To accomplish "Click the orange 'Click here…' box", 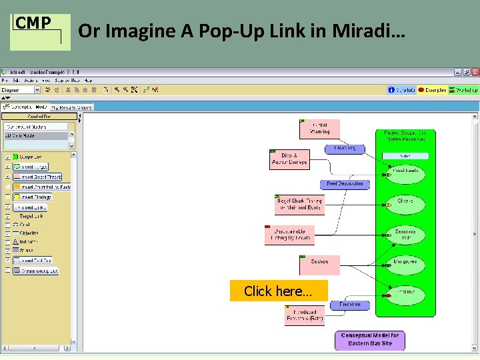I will (x=279, y=291).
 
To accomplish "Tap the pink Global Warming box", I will (x=319, y=129).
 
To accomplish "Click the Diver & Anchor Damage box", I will (x=289, y=159).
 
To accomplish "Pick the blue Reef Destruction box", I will (x=345, y=184).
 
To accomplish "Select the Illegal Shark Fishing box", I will (x=298, y=204).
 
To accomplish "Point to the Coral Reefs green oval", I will (x=405, y=171).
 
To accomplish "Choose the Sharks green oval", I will (x=405, y=201).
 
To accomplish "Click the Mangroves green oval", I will (x=405, y=262).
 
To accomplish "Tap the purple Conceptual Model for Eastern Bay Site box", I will (x=369, y=339).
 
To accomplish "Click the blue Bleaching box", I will (x=345, y=149).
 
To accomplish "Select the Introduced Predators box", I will (x=305, y=315).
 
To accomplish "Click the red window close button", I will (x=475, y=72).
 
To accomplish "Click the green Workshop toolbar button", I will (x=463, y=90).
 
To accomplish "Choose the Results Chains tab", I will (x=73, y=107).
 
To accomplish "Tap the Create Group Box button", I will (x=39, y=271).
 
